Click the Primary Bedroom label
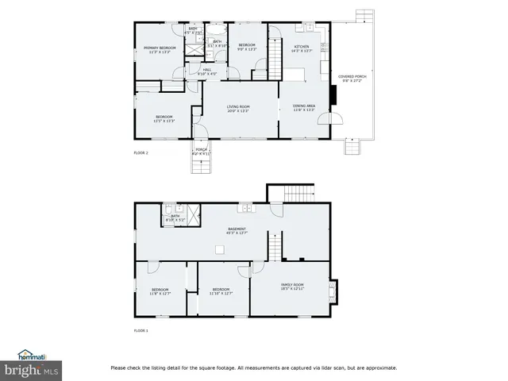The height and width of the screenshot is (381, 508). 160,48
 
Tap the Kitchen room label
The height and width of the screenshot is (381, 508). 302,47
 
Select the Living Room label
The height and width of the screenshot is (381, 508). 238,106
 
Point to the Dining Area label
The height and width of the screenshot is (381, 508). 304,106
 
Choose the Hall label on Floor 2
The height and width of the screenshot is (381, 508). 206,70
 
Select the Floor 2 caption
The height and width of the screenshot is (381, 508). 140,152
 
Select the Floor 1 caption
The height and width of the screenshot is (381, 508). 140,330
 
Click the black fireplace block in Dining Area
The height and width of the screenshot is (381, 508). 336,94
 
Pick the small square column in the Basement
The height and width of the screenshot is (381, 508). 220,249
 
